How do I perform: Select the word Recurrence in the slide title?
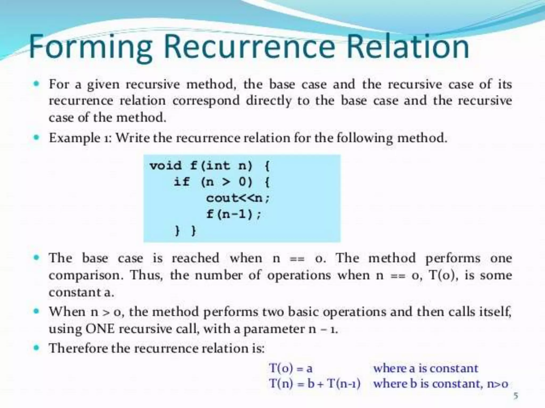pos(249,47)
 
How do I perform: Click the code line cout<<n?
pos(238,198)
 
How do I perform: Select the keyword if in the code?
pos(181,182)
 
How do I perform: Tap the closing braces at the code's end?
pos(185,230)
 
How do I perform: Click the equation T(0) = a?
pos(291,368)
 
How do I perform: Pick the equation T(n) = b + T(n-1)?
pos(315,384)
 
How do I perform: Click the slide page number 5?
pos(515,396)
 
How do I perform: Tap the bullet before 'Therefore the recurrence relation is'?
pos(37,348)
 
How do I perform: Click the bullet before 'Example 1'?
pos(37,138)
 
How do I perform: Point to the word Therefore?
pos(79,348)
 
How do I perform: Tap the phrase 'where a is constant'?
pos(426,368)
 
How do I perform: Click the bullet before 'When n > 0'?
pos(37,311)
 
